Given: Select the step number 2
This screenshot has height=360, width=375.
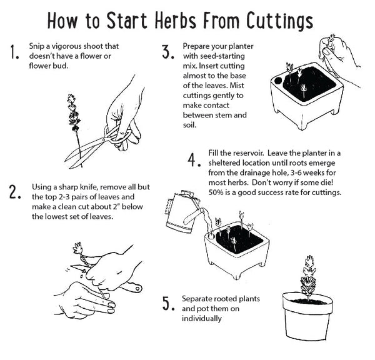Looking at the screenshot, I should [16, 192].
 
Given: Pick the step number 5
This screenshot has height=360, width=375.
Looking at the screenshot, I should [167, 304].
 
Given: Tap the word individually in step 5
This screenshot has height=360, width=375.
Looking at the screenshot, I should [201, 318].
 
